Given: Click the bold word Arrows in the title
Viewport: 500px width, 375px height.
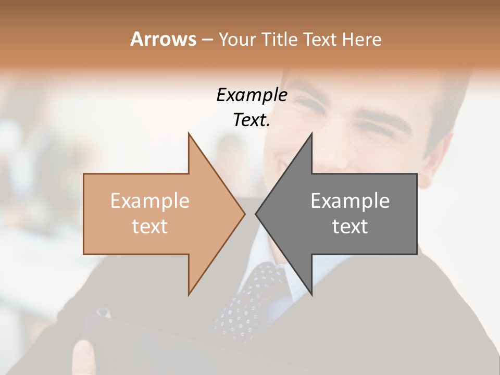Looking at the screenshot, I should (x=163, y=39).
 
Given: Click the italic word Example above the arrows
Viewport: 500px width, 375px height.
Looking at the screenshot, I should (x=252, y=95).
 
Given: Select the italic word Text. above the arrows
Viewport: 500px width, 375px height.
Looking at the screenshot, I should (x=252, y=120).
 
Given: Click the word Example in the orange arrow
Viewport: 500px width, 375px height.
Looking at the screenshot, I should (x=149, y=201).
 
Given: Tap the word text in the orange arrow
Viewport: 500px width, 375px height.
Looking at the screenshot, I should (x=149, y=227).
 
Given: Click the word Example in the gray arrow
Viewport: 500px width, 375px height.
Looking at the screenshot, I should (x=350, y=201).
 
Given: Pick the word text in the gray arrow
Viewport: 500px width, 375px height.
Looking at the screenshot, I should (x=350, y=227).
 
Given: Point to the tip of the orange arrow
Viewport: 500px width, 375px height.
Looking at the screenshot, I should (x=244, y=214).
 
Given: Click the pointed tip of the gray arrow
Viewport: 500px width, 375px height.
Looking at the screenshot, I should (x=257, y=214).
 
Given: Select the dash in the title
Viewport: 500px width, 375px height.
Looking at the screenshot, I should (x=207, y=40).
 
